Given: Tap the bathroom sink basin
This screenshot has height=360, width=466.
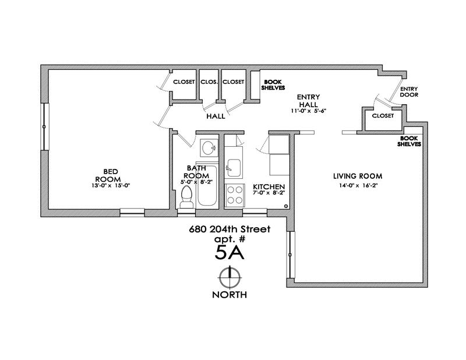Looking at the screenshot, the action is (x=207, y=148).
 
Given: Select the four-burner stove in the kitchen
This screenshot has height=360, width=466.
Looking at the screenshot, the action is (x=235, y=194).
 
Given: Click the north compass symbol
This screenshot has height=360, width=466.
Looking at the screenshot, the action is (x=230, y=277).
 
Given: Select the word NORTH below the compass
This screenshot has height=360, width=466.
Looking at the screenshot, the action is (x=230, y=295).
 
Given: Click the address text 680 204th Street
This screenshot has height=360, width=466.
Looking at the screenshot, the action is (x=230, y=229).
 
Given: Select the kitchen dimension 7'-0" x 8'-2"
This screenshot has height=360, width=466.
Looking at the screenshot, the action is (x=269, y=193).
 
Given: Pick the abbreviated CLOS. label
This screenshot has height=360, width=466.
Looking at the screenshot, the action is (x=209, y=82).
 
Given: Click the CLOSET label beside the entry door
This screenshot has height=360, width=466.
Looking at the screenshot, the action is (x=382, y=116).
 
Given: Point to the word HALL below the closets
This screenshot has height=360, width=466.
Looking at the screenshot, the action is (x=216, y=117).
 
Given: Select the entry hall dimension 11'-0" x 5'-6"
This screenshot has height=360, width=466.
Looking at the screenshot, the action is (x=307, y=111).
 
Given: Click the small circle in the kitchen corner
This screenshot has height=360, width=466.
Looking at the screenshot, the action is (x=286, y=206).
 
